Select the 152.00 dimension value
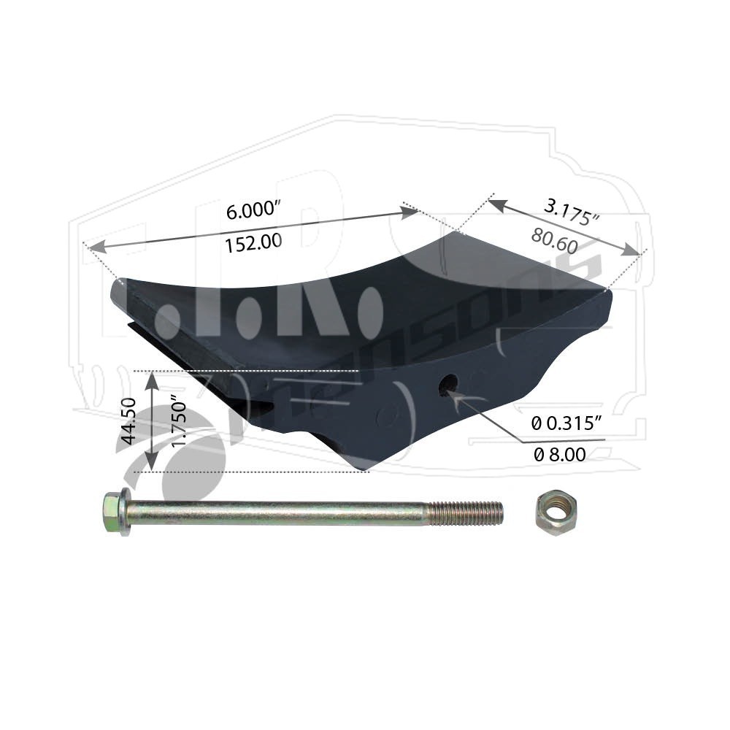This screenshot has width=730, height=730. pos(253,243)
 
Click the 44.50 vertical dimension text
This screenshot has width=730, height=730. pos(128,420)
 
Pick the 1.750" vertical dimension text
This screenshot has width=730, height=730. pos(178,420)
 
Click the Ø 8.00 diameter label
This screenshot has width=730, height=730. pos(559,454)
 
